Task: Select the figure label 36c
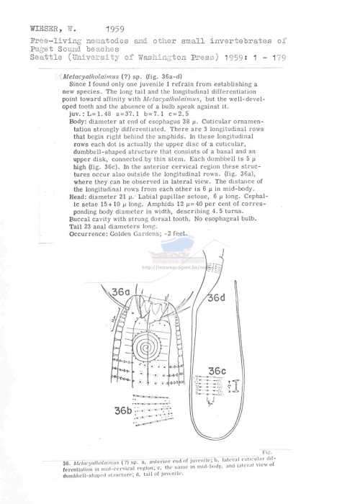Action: (x=217, y=370)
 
